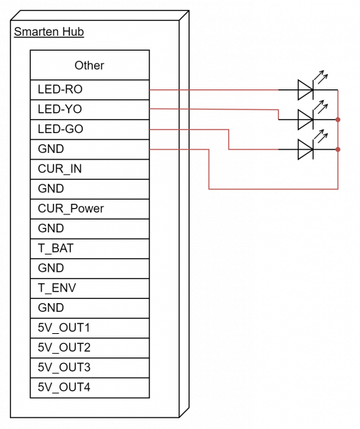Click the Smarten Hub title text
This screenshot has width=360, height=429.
tap(49, 31)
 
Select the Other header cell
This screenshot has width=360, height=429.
tap(90, 65)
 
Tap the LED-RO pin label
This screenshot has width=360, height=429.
tap(60, 89)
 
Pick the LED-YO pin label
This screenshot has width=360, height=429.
tap(60, 109)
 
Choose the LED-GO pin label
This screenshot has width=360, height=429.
tap(61, 129)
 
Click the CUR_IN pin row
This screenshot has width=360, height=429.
tap(90, 169)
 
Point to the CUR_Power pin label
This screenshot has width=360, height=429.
tap(71, 209)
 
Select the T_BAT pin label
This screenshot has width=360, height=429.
tap(56, 248)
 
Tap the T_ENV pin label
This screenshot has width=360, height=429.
tap(57, 288)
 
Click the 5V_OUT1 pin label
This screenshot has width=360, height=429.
tap(64, 327)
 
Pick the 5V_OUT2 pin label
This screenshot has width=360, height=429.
tap(64, 347)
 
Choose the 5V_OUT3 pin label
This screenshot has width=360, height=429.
tap(64, 368)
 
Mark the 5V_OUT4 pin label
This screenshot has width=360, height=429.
tap(64, 387)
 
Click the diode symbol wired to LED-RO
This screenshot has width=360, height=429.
tap(306, 90)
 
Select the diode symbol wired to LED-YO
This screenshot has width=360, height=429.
tap(306, 119)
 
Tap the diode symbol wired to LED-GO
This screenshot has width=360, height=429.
tap(306, 149)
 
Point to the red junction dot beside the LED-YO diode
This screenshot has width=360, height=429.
tap(338, 119)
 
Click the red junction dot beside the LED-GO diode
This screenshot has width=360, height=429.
tap(338, 149)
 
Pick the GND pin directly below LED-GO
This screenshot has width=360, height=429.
tap(90, 149)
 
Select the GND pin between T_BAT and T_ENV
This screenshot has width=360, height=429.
tap(90, 268)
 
